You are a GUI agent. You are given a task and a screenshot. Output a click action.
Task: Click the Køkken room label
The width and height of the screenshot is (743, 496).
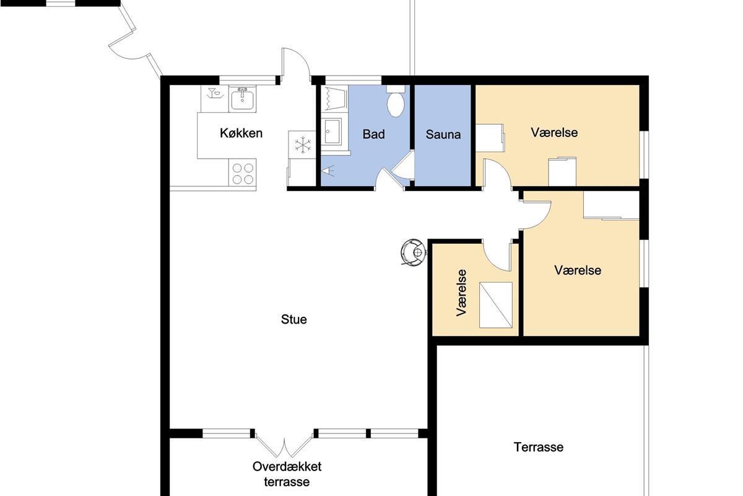pyautogui.click(x=241, y=133)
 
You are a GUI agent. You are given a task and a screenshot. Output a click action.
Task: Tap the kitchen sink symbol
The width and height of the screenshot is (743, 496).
pyautogui.click(x=242, y=99)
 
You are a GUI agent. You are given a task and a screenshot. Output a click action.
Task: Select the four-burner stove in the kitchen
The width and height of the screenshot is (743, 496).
pyautogui.click(x=243, y=172)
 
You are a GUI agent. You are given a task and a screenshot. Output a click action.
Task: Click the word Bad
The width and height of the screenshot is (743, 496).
pyautogui.click(x=373, y=134)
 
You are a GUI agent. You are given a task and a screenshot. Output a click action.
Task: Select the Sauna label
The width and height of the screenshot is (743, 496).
pyautogui.click(x=443, y=135)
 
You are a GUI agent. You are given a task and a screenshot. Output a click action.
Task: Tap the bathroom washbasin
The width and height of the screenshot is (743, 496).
pyautogui.click(x=332, y=131)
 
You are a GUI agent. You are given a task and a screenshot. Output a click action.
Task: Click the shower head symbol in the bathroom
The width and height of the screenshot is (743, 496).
pyautogui.click(x=328, y=170)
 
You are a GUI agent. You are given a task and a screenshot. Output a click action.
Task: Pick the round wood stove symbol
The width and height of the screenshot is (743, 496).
pyautogui.click(x=413, y=252)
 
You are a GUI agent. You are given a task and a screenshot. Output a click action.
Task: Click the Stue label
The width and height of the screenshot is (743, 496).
pyautogui.click(x=294, y=319)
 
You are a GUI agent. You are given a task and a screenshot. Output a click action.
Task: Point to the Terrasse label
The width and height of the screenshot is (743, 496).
pyautogui.click(x=538, y=447)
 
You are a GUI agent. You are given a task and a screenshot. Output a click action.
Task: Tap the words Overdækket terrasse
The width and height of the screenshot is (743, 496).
pyautogui.click(x=287, y=474)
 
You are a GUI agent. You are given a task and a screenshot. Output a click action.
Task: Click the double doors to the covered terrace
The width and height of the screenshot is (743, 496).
pyautogui.click(x=285, y=446)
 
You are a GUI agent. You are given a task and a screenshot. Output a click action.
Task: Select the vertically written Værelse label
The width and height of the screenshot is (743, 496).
pyautogui.click(x=461, y=293)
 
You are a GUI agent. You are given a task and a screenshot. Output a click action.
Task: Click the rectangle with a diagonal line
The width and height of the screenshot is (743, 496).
pyautogui.click(x=496, y=305)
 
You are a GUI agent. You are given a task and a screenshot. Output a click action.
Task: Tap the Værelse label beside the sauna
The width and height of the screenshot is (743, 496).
pyautogui.click(x=554, y=133)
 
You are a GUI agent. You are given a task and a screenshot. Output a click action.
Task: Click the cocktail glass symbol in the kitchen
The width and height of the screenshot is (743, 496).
pyautogui.click(x=214, y=94)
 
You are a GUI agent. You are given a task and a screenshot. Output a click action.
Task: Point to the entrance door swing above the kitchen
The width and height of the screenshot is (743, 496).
pyautogui.click(x=296, y=62)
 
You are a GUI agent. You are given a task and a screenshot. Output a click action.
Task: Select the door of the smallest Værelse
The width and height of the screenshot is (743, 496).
pyautogui.click(x=496, y=256)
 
